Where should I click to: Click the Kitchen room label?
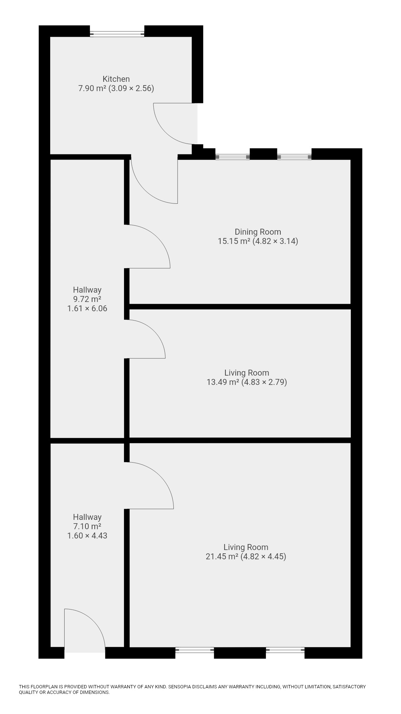tap(116, 79)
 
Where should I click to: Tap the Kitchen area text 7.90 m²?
tap(92, 89)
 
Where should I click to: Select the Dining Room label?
tap(258, 232)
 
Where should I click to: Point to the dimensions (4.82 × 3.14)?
tap(276, 241)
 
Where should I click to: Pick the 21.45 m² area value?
tap(222, 556)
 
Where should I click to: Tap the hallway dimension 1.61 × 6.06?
tap(87, 308)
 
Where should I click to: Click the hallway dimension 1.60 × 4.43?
tap(87, 535)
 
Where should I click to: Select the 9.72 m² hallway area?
tap(87, 299)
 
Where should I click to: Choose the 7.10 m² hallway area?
tap(87, 526)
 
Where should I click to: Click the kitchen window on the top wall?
tap(117, 34)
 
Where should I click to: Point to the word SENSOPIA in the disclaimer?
tap(182, 687)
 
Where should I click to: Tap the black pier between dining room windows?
tap(263, 154)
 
